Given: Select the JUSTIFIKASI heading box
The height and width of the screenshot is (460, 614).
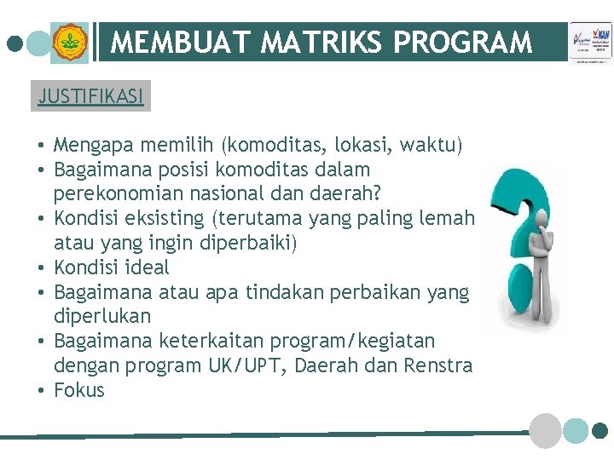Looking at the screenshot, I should click(x=91, y=95).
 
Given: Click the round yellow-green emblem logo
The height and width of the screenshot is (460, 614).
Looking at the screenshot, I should click(x=69, y=42).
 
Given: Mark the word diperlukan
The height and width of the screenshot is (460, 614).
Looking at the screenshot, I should click(x=102, y=316).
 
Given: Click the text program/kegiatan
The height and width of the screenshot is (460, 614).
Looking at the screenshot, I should click(x=352, y=341).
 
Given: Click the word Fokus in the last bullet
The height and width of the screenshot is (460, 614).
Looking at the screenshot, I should click(x=78, y=390).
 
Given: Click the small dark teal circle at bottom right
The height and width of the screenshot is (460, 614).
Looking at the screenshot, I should click(x=600, y=430).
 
